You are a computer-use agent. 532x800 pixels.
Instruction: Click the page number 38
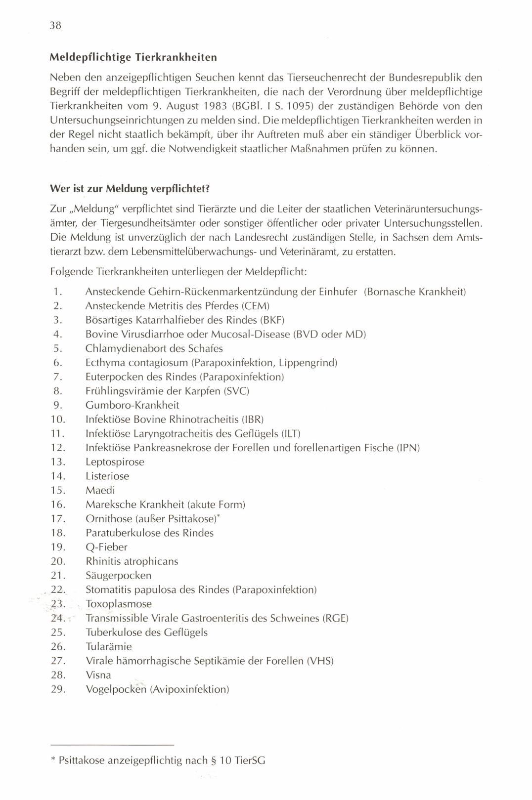pyautogui.click(x=55, y=26)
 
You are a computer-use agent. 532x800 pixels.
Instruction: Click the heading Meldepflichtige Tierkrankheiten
pyautogui.click(x=133, y=57)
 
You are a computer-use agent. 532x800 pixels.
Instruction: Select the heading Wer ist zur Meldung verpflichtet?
pyautogui.click(x=131, y=189)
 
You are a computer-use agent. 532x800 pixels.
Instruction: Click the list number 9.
pyautogui.click(x=57, y=405)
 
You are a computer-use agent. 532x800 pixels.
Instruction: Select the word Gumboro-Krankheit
pyautogui.click(x=132, y=405)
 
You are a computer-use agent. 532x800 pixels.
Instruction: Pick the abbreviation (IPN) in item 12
pyautogui.click(x=407, y=448)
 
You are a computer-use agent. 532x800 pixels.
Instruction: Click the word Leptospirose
pyautogui.click(x=115, y=463)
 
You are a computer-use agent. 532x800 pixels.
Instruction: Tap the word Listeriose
pyautogui.click(x=107, y=476)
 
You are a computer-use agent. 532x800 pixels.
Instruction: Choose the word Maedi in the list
pyautogui.click(x=100, y=491)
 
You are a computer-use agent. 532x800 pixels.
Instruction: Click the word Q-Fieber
pyautogui.click(x=106, y=547)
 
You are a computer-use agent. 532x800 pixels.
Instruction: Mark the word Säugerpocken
pyautogui.click(x=119, y=576)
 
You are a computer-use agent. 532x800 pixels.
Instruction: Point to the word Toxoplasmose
pyautogui.click(x=119, y=604)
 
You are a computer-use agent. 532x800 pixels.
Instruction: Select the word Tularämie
pyautogui.click(x=109, y=647)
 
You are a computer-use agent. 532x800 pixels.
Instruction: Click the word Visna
pyautogui.click(x=98, y=675)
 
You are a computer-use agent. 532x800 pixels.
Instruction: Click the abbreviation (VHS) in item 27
pyautogui.click(x=320, y=661)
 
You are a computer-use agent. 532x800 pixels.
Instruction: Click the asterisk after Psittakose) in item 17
pyautogui.click(x=221, y=516)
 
